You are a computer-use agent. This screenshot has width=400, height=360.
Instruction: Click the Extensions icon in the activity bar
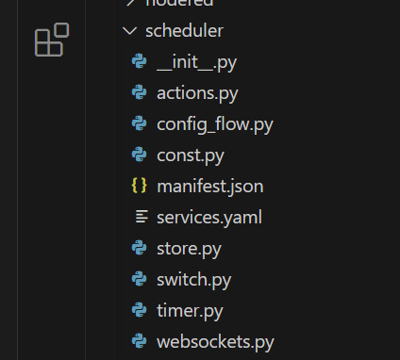[50, 42]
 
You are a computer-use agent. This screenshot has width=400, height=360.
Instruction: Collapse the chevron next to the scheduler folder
[129, 31]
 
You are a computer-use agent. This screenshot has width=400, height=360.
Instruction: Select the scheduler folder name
[183, 31]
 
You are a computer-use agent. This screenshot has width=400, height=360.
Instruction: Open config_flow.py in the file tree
[215, 123]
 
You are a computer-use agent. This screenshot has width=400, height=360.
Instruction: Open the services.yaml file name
[208, 217]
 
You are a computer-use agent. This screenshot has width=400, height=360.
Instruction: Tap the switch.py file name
[193, 279]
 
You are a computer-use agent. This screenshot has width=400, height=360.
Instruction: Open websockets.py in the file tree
[215, 341]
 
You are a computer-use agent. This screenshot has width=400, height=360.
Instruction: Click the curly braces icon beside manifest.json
[140, 186]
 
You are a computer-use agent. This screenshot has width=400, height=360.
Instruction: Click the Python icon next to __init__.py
[140, 61]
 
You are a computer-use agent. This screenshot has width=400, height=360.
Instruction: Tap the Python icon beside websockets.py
[140, 341]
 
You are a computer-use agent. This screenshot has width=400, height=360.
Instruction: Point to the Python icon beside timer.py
[140, 310]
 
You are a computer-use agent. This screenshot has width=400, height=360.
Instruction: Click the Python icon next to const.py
[140, 155]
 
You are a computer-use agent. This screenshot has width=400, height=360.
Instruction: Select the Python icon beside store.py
[140, 249]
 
